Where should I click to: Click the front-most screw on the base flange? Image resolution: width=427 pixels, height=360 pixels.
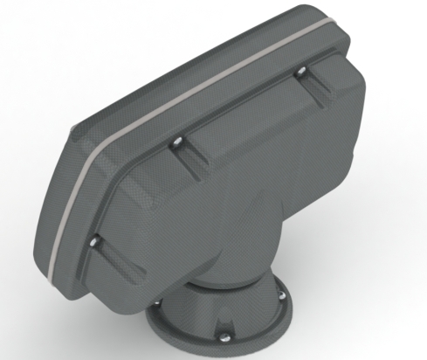224,332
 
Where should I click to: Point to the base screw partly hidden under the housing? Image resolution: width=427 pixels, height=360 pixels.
158,303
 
